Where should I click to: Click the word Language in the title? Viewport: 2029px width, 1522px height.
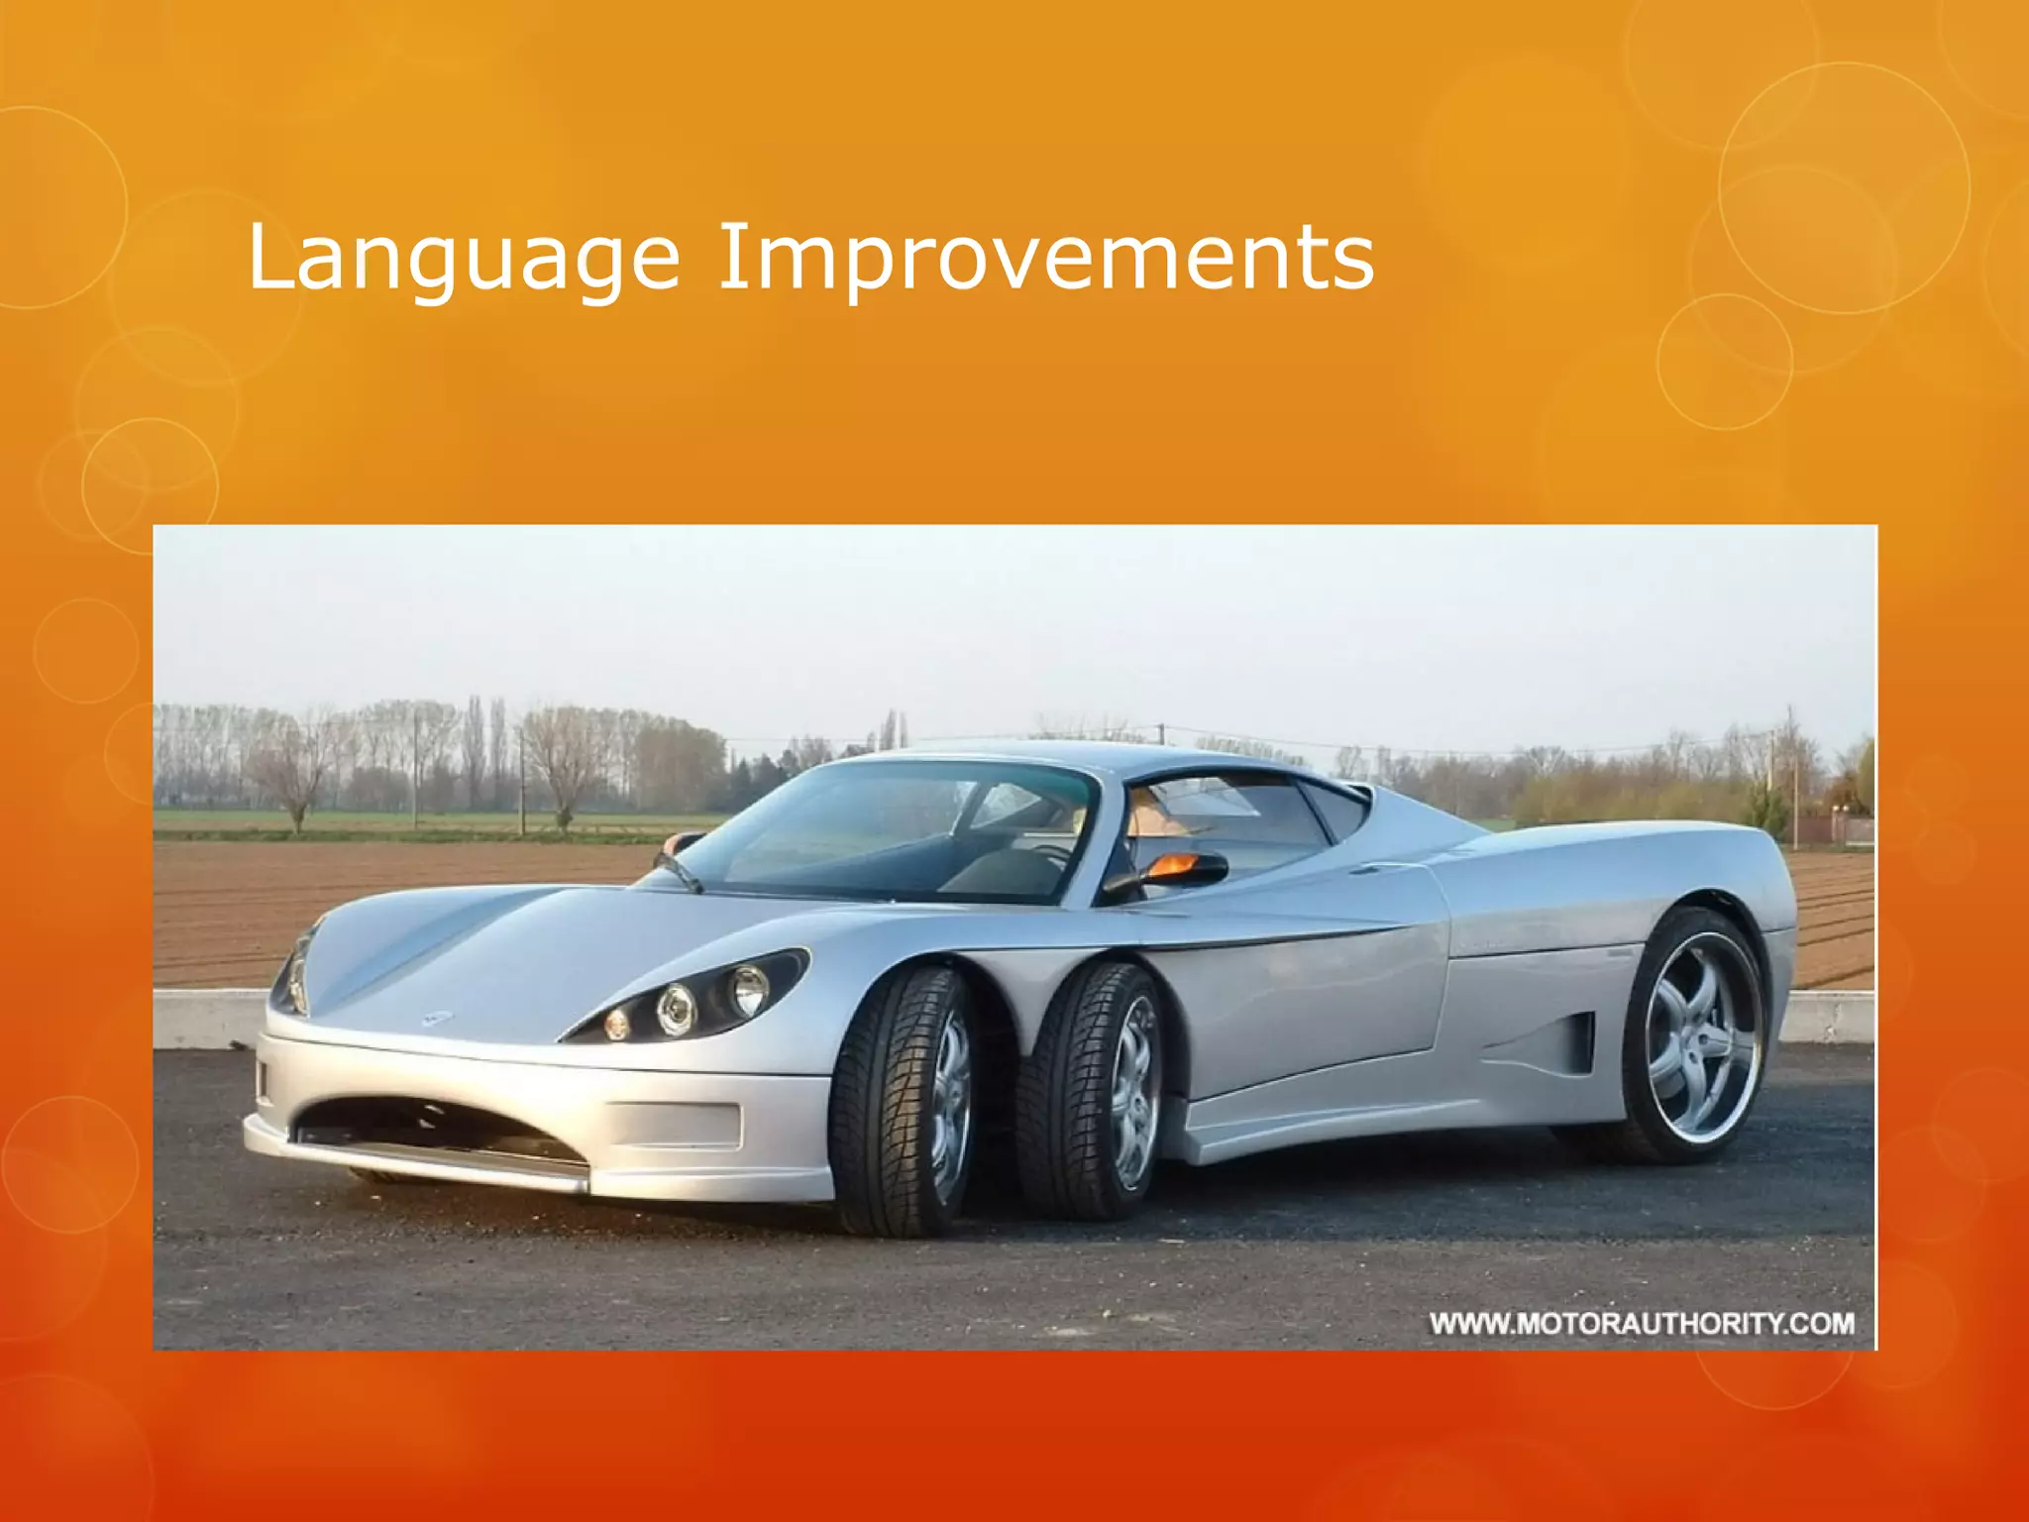coord(463,258)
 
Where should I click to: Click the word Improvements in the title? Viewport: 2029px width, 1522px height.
coord(1045,258)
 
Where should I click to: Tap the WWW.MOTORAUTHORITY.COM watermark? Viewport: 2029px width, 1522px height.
coord(1641,1324)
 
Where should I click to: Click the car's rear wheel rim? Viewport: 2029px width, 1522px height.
coord(1702,1036)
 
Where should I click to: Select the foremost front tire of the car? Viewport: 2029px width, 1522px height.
coord(900,1100)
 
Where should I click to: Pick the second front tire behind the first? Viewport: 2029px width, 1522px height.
coord(1090,1090)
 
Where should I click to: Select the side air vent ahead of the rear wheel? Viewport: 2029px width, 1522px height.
coord(1575,1040)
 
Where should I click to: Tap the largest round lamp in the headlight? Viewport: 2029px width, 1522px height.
coord(748,988)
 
